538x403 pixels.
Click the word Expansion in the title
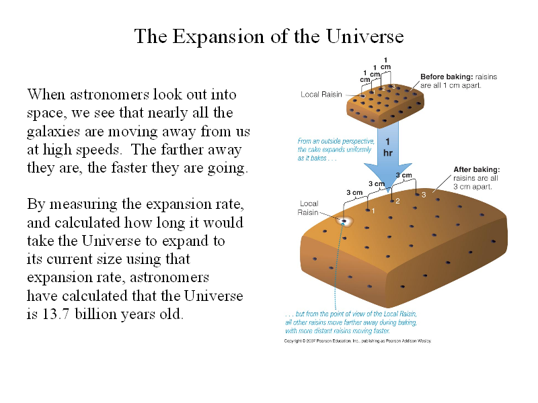218,37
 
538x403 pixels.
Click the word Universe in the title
364,36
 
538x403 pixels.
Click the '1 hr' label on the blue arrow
388,147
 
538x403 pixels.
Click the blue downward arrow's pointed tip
389,192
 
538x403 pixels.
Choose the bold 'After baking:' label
477,170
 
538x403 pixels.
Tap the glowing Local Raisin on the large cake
344,221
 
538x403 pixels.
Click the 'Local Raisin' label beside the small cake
321,95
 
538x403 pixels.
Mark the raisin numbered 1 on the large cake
368,210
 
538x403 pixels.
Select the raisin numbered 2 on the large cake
392,201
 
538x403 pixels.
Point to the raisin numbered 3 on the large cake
417,195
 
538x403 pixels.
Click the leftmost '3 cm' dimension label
354,193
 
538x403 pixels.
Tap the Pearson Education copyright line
358,341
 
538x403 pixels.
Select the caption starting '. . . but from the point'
351,322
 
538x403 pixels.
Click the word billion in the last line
96,314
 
